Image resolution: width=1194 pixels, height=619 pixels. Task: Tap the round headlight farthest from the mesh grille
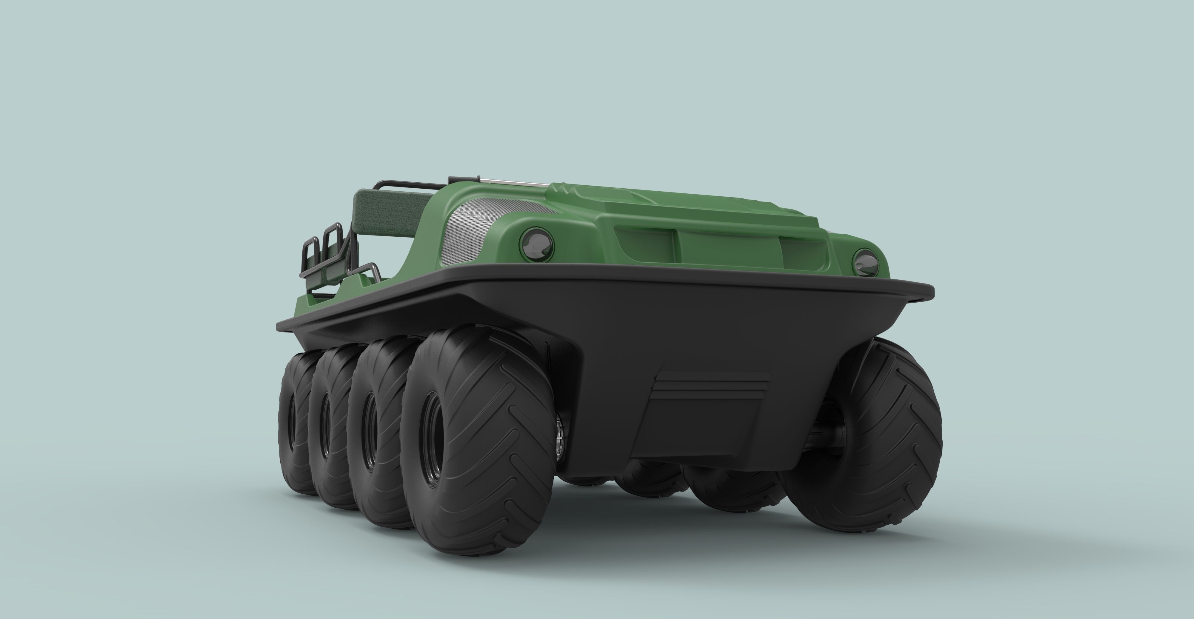865,262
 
